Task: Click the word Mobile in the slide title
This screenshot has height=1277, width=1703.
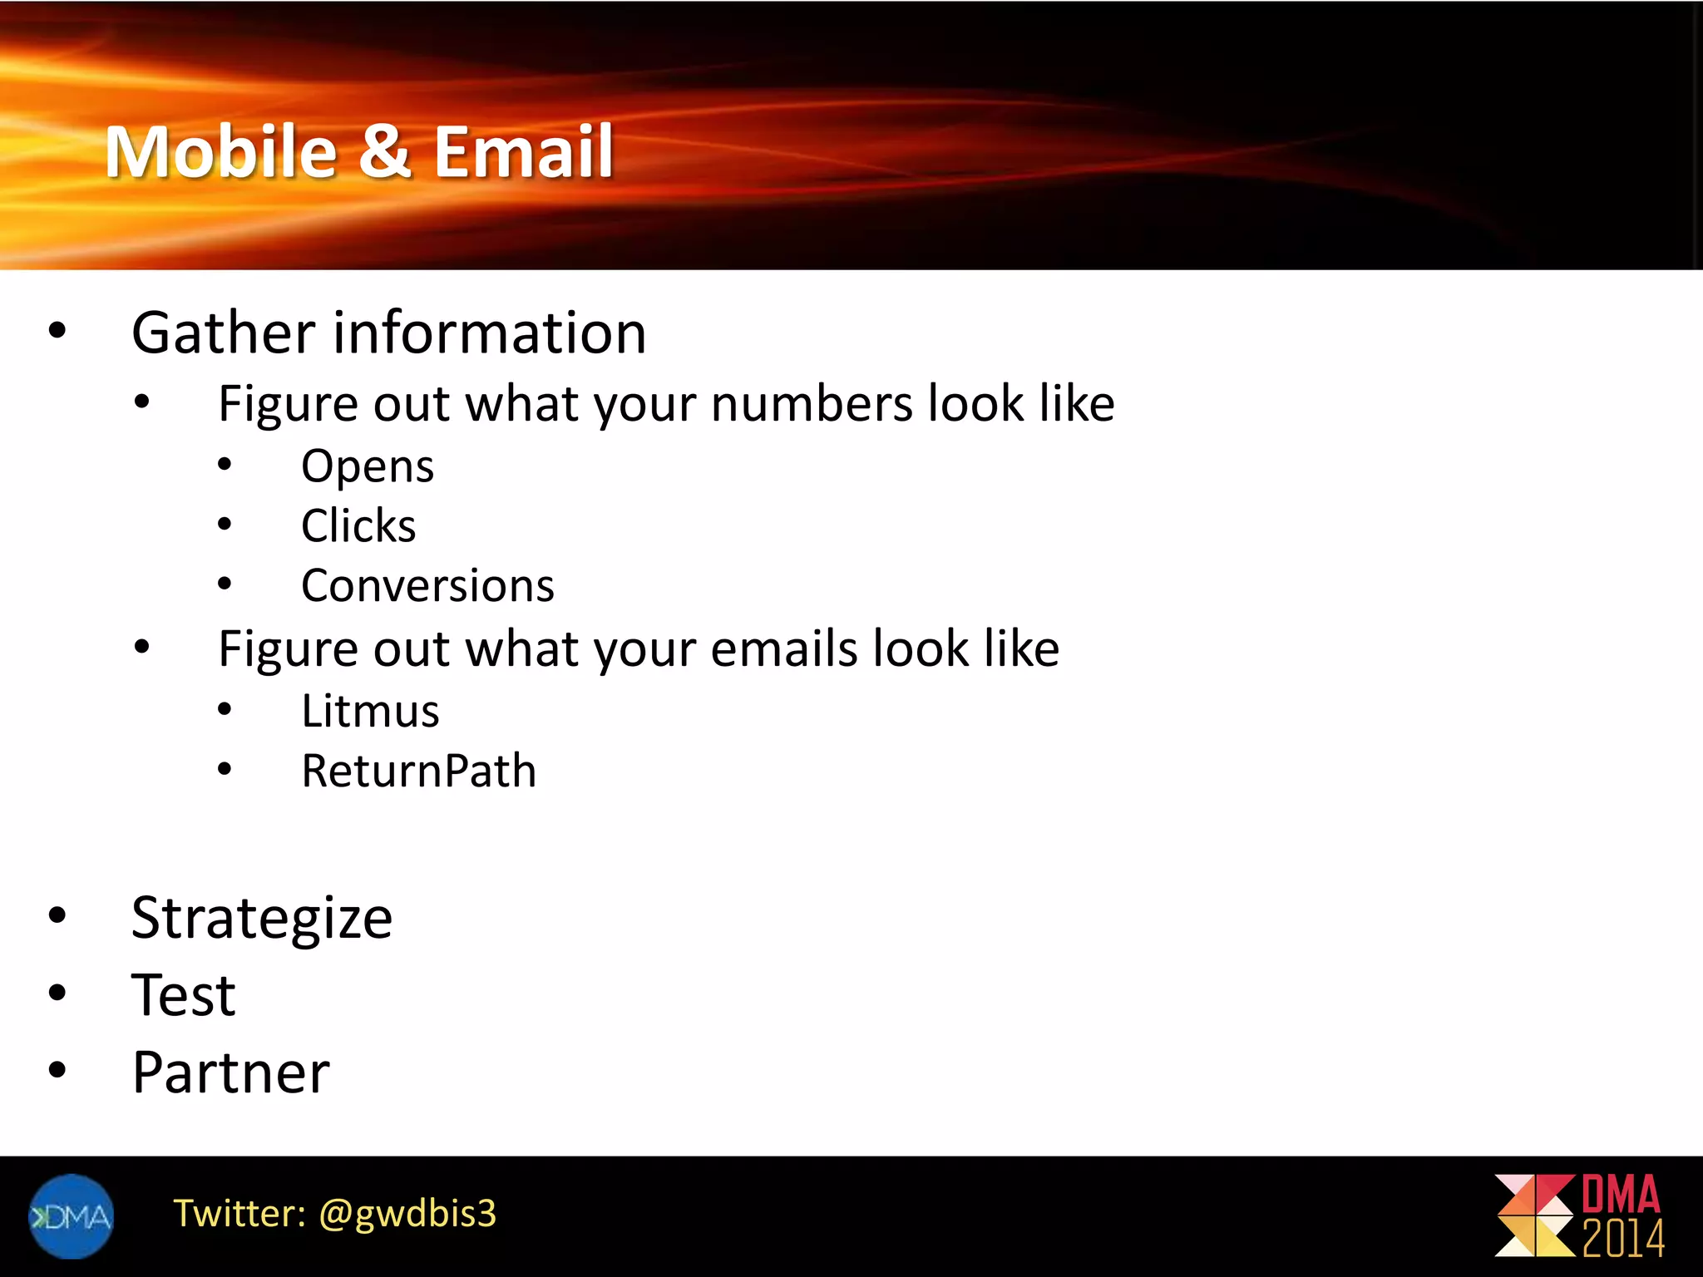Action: (220, 151)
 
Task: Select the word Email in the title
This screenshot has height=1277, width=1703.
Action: (523, 151)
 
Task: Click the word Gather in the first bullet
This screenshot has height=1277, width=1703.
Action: (223, 333)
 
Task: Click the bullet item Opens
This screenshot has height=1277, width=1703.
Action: (367, 466)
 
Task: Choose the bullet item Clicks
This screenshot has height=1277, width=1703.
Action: (358, 526)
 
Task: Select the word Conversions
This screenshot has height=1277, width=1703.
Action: (427, 586)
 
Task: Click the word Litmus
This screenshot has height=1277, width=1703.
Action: (370, 712)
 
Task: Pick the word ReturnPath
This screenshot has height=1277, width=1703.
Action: (418, 771)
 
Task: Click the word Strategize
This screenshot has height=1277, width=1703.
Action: (262, 918)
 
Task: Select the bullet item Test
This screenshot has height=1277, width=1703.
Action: (183, 995)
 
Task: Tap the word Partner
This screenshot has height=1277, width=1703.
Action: (230, 1072)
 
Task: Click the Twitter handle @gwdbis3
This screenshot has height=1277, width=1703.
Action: (407, 1214)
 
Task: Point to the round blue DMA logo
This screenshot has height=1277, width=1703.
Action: (71, 1216)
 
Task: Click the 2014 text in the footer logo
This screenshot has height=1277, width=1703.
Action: (1622, 1239)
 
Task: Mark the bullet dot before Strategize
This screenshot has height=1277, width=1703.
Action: (57, 915)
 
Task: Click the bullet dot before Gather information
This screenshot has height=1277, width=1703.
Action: (57, 330)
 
